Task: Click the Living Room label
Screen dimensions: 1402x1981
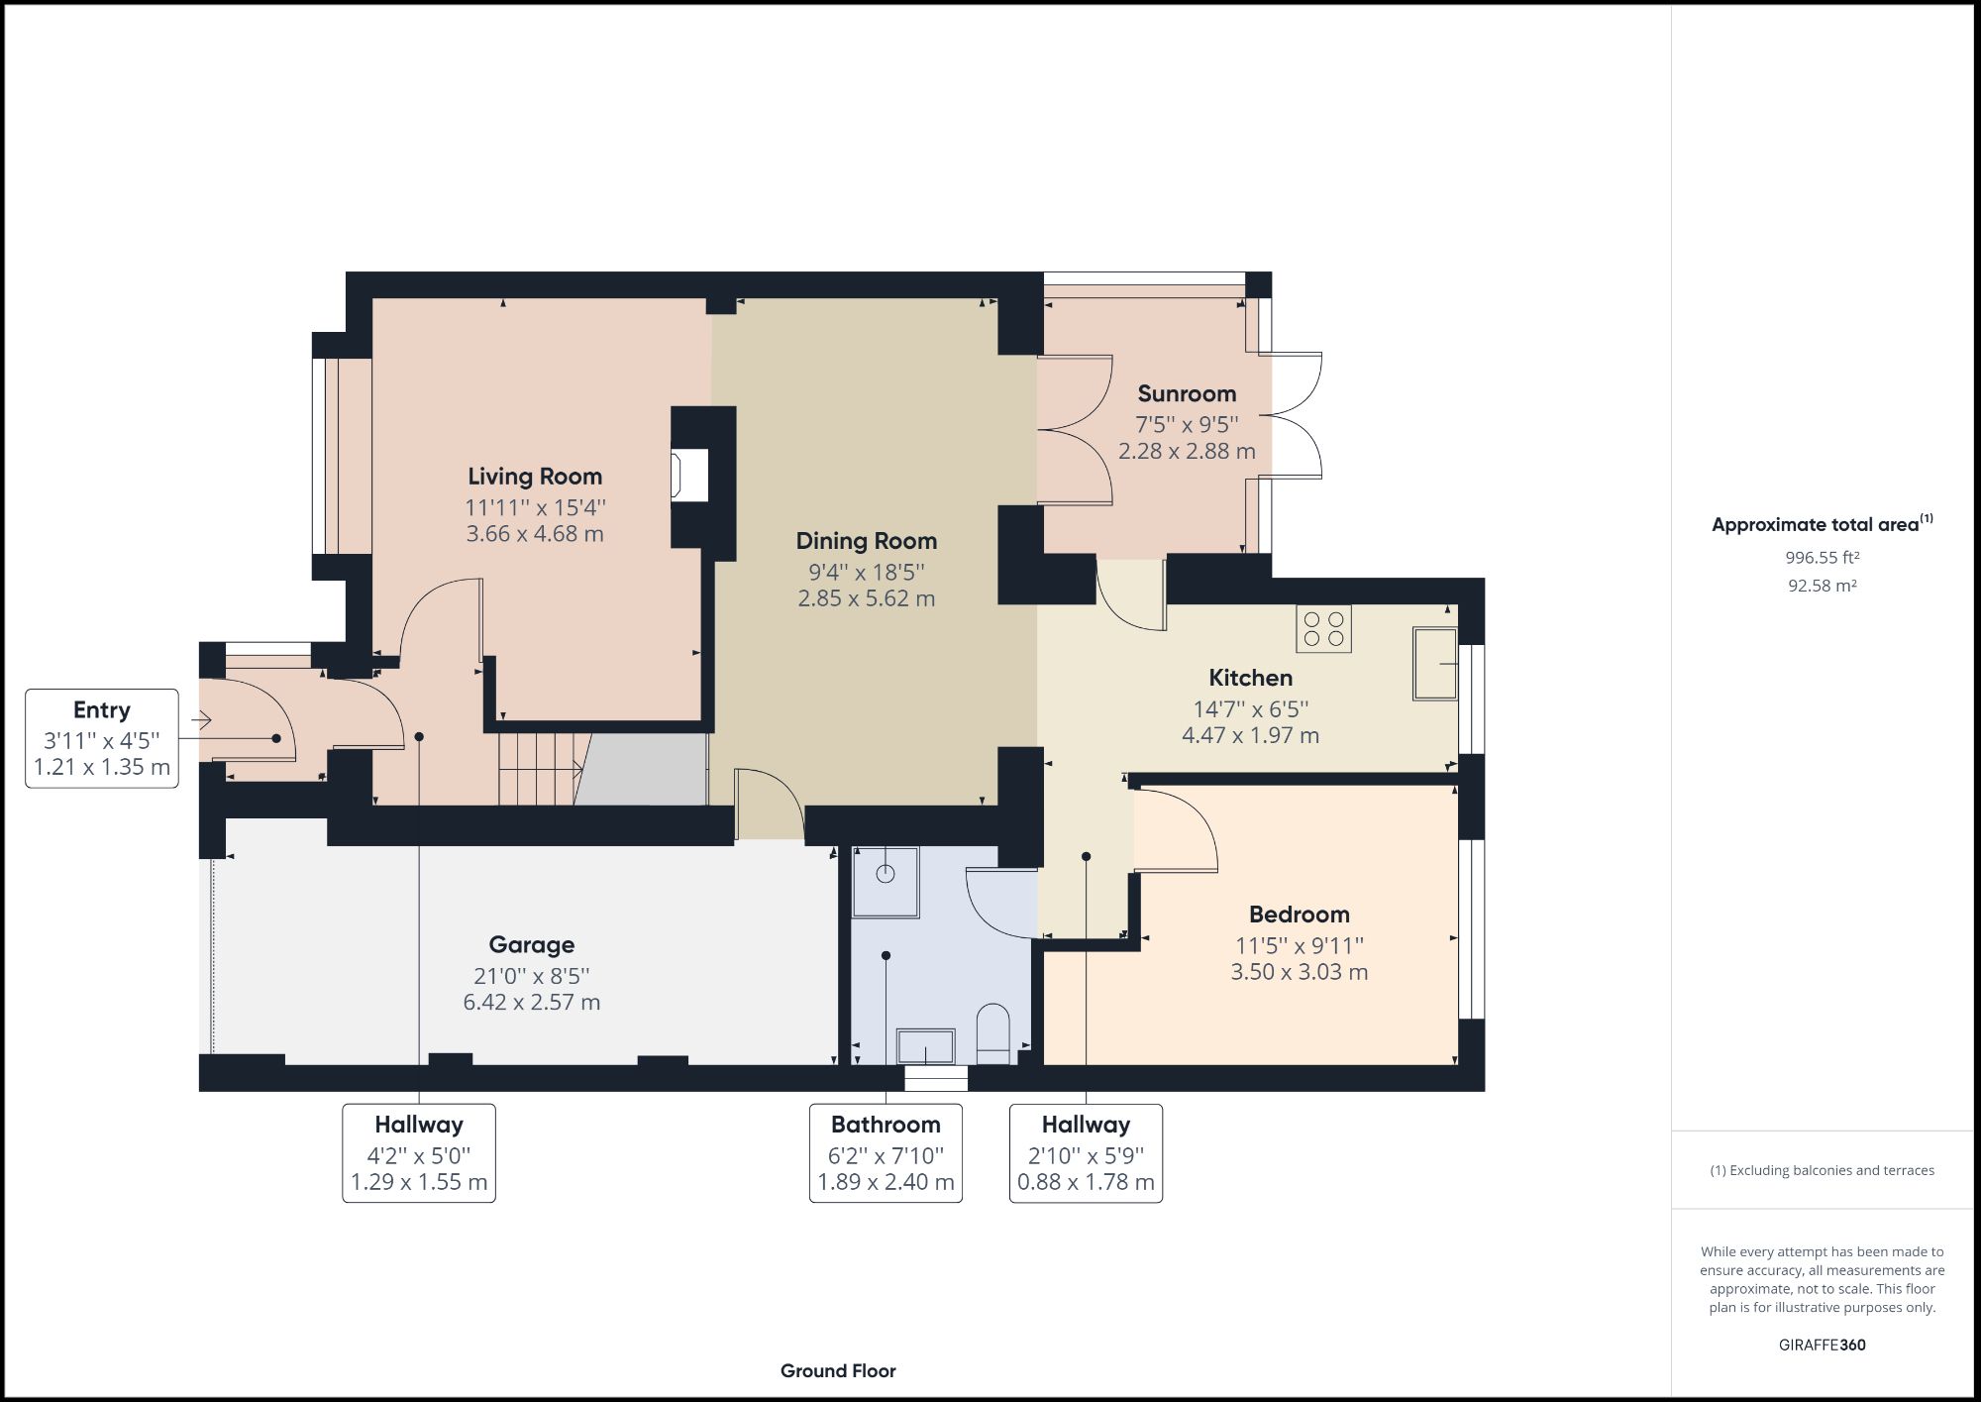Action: tap(535, 477)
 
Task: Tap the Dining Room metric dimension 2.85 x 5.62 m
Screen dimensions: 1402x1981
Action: tap(866, 598)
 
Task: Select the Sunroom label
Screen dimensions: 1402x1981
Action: tap(1186, 393)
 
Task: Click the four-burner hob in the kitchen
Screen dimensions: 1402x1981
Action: tap(1324, 628)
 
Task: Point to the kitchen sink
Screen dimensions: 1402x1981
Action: tap(1434, 663)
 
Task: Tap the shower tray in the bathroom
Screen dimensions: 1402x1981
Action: tap(885, 880)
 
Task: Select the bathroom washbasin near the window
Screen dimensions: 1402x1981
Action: tap(925, 1046)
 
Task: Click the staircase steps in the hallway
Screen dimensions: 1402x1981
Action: tap(538, 769)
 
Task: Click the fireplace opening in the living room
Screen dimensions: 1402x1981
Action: tap(690, 475)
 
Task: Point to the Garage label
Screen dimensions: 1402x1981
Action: tap(531, 944)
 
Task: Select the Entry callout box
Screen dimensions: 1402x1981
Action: tap(101, 738)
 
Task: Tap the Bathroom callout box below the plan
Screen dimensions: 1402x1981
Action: tap(886, 1153)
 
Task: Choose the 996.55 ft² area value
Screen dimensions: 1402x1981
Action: tap(1822, 558)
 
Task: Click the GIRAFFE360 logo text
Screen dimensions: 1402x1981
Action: tap(1822, 1345)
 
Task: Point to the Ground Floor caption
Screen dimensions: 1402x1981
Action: tap(838, 1370)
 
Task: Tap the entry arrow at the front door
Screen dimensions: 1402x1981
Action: tap(202, 720)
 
